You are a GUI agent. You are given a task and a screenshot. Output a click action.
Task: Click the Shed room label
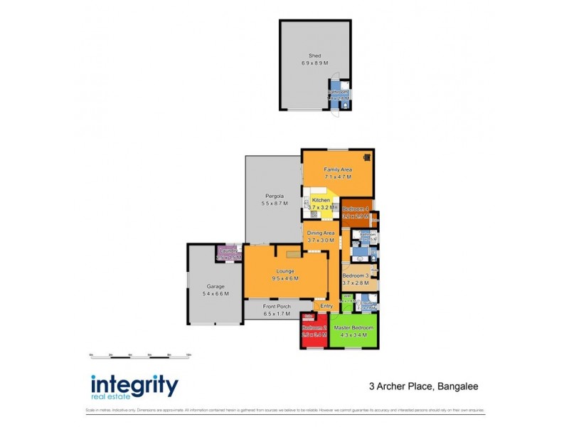(x=314, y=56)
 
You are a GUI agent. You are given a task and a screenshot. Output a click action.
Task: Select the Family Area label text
(x=338, y=169)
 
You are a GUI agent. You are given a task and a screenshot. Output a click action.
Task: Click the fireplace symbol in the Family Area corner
(x=367, y=158)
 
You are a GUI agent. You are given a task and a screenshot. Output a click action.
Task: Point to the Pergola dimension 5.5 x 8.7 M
(x=275, y=204)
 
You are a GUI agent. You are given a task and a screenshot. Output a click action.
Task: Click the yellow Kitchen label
(x=321, y=201)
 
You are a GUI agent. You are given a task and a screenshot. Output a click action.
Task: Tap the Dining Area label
(x=321, y=233)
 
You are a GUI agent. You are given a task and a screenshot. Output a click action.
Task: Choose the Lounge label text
(x=286, y=271)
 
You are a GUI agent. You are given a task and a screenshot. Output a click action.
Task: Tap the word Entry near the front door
(x=326, y=306)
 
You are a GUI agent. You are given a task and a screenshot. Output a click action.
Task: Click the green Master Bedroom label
(x=354, y=327)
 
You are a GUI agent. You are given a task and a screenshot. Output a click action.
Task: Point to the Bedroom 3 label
(x=356, y=275)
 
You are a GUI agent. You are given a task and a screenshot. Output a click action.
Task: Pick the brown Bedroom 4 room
(x=355, y=211)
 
